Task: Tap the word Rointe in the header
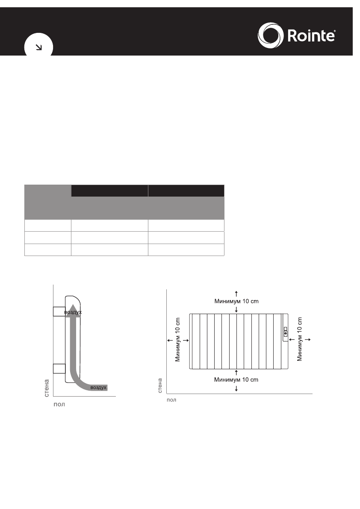click(x=311, y=35)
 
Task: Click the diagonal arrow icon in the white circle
click(x=38, y=47)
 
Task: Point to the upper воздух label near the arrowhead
click(x=73, y=312)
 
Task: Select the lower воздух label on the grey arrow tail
click(x=98, y=388)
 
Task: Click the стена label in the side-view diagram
click(x=47, y=388)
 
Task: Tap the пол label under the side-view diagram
click(x=59, y=404)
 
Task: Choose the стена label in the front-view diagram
click(x=160, y=385)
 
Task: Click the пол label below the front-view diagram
click(x=171, y=400)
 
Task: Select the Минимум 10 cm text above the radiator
click(x=236, y=301)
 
